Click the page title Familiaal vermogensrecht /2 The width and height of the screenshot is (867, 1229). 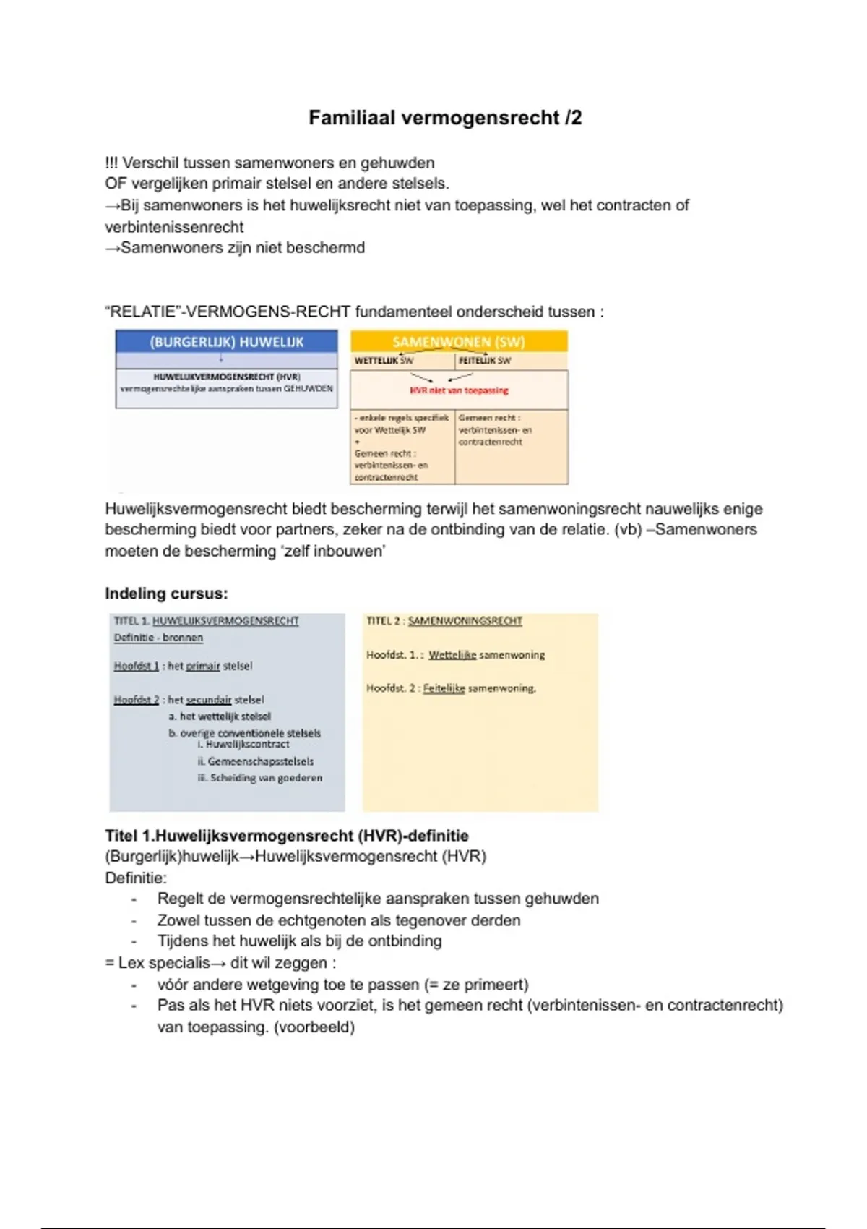tap(445, 118)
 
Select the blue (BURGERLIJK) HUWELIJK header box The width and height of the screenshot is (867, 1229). tap(226, 342)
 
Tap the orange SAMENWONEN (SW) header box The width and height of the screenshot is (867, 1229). tap(459, 342)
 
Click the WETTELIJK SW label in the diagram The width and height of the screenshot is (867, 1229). tap(384, 361)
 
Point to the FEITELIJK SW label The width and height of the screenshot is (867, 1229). tap(485, 361)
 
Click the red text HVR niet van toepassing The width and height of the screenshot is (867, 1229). tap(459, 390)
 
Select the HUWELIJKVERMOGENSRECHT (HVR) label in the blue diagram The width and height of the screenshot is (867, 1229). tap(227, 377)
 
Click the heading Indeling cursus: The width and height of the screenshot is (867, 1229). tap(166, 594)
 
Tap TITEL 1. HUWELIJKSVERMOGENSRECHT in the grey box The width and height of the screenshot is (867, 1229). tap(206, 621)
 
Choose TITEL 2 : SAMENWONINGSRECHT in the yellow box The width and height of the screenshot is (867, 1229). tap(444, 621)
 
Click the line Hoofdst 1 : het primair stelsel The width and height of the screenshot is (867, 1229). tap(183, 666)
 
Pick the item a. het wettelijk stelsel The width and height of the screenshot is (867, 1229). tap(220, 716)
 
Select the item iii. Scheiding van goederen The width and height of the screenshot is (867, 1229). tap(260, 778)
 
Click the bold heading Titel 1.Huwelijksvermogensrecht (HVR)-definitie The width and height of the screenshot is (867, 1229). tap(287, 836)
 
